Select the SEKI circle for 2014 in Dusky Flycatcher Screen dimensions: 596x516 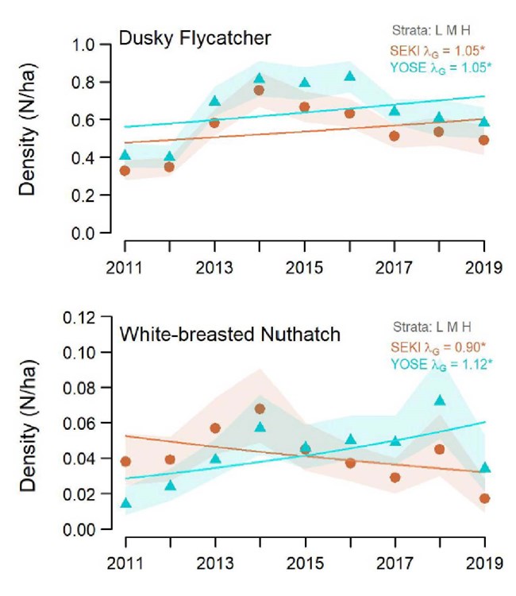point(259,90)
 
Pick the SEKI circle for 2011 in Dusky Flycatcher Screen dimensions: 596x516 point(125,170)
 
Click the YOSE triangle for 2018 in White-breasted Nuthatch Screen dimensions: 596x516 point(439,400)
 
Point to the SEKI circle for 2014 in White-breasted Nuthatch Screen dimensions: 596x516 point(259,408)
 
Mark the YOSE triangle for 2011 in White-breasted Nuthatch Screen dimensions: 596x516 point(125,502)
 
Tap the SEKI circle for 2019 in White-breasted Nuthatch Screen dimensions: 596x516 point(484,498)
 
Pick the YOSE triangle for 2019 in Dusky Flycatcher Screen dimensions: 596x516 point(484,122)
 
